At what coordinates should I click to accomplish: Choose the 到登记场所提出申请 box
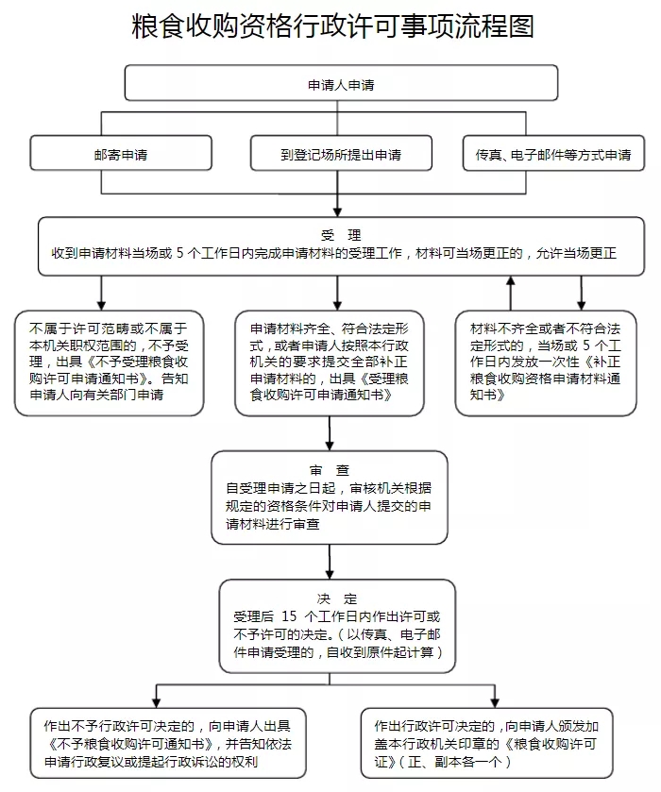[341, 155]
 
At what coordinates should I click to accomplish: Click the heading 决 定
[337, 598]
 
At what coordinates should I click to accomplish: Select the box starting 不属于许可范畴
[109, 362]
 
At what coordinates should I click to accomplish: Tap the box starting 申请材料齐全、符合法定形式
[329, 362]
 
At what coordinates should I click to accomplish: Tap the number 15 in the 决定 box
[290, 615]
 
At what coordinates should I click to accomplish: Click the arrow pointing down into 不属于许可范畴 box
[100, 292]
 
